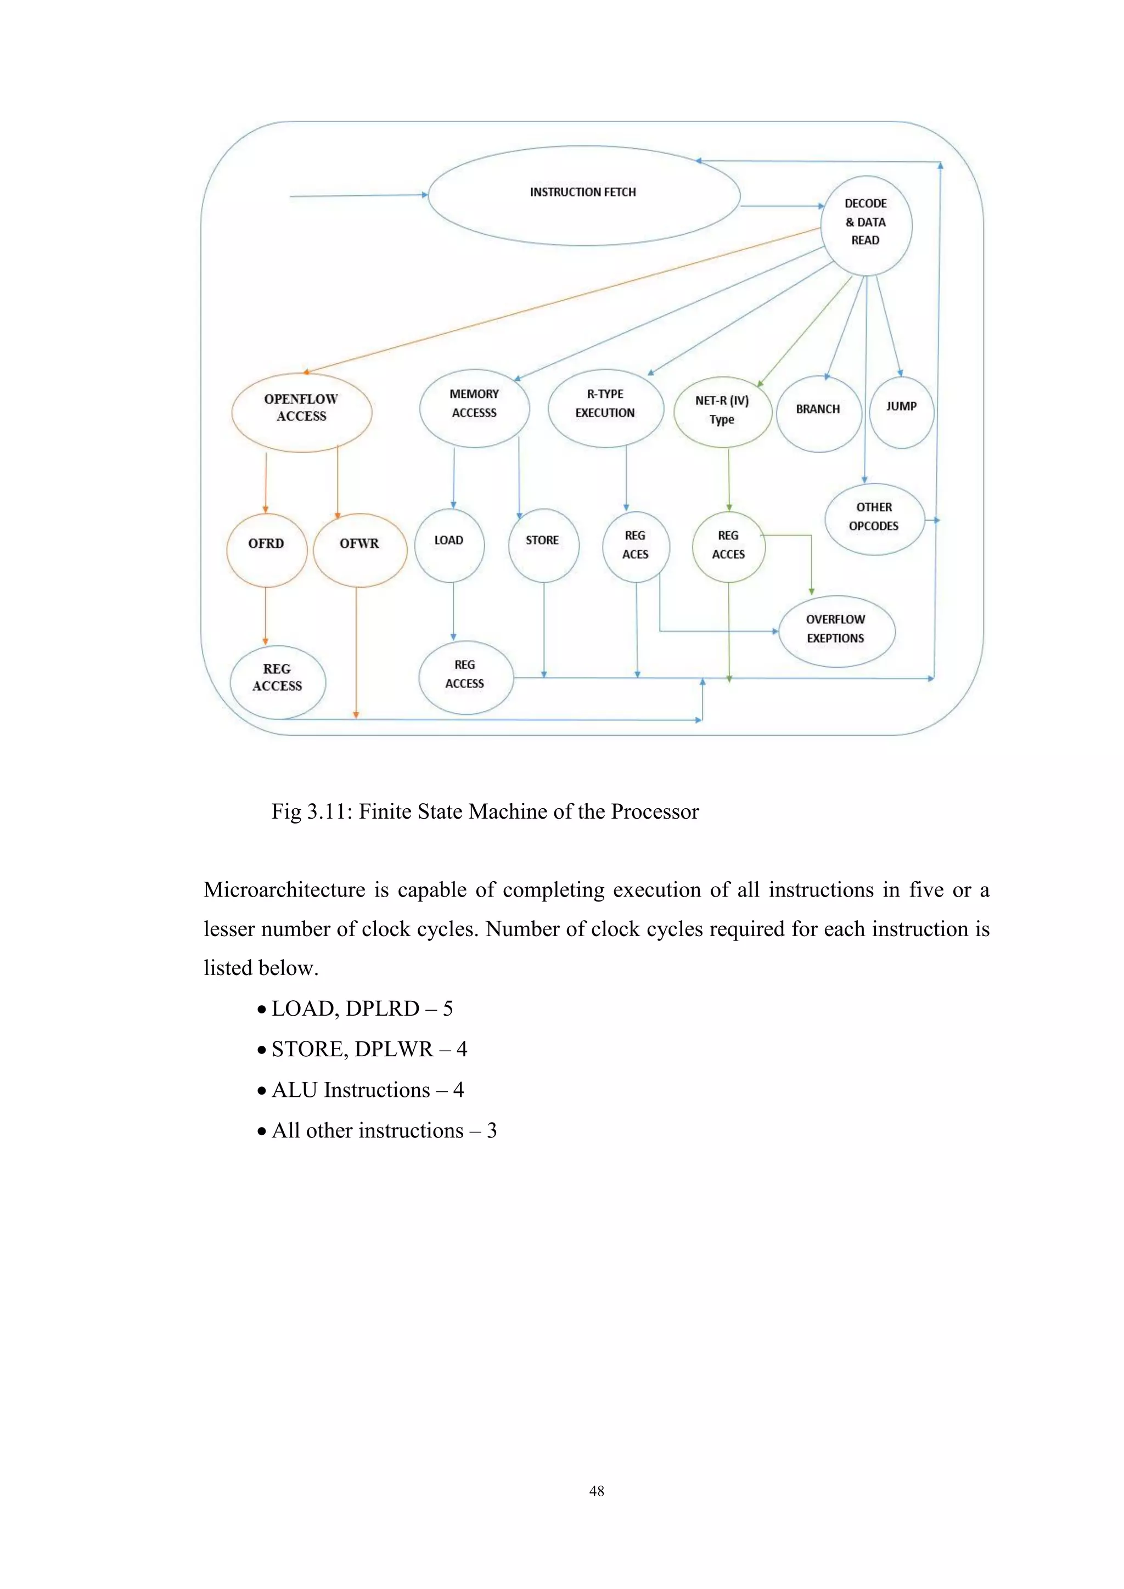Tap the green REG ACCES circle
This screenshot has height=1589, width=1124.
click(x=728, y=546)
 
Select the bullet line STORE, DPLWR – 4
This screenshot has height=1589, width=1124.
click(x=369, y=1049)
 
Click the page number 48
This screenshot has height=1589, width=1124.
click(x=596, y=1491)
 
